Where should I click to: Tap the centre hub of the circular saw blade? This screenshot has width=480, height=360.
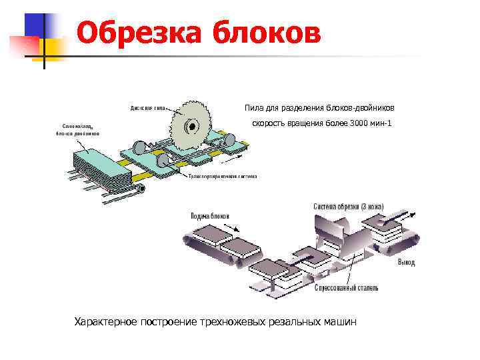tap(189, 125)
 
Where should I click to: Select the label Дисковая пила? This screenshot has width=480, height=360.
tap(147, 107)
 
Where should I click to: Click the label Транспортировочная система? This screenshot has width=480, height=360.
tap(223, 176)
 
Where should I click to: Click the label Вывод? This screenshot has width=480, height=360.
tap(406, 263)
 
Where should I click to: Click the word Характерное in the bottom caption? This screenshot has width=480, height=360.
tap(106, 322)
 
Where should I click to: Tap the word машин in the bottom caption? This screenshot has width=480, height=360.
tap(340, 322)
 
